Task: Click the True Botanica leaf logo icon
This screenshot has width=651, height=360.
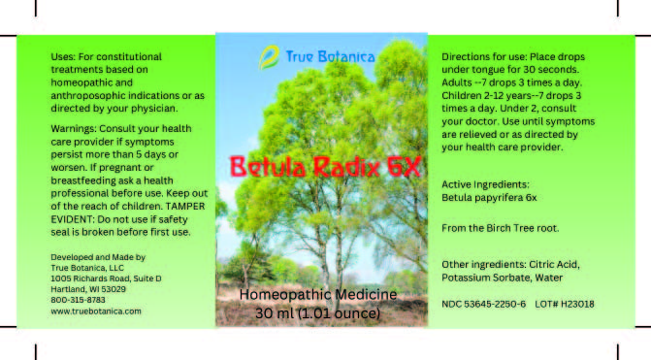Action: [x=269, y=57]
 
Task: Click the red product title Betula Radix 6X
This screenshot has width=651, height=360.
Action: [x=326, y=167]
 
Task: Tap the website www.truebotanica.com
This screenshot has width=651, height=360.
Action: [x=96, y=311]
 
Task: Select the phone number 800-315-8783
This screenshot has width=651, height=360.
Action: [x=78, y=300]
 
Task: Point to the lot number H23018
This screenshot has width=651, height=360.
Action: [x=577, y=304]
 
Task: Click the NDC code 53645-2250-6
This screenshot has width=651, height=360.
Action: [x=495, y=304]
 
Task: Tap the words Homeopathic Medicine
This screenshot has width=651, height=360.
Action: [x=318, y=294]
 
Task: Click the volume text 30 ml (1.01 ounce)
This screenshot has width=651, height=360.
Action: [x=317, y=313]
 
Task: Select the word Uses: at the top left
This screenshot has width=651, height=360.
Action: [x=63, y=56]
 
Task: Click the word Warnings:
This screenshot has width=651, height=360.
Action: [x=73, y=129]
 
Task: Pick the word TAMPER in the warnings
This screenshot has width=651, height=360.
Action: [x=185, y=207]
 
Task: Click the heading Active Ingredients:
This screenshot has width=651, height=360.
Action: [x=485, y=184]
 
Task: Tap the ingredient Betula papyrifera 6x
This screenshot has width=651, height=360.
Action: [x=489, y=198]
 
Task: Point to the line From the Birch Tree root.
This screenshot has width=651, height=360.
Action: [x=501, y=228]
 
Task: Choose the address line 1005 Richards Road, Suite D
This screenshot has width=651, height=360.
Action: [x=106, y=278]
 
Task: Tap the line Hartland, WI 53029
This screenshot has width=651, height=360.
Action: [x=88, y=289]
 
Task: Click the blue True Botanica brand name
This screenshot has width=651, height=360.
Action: [x=330, y=56]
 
